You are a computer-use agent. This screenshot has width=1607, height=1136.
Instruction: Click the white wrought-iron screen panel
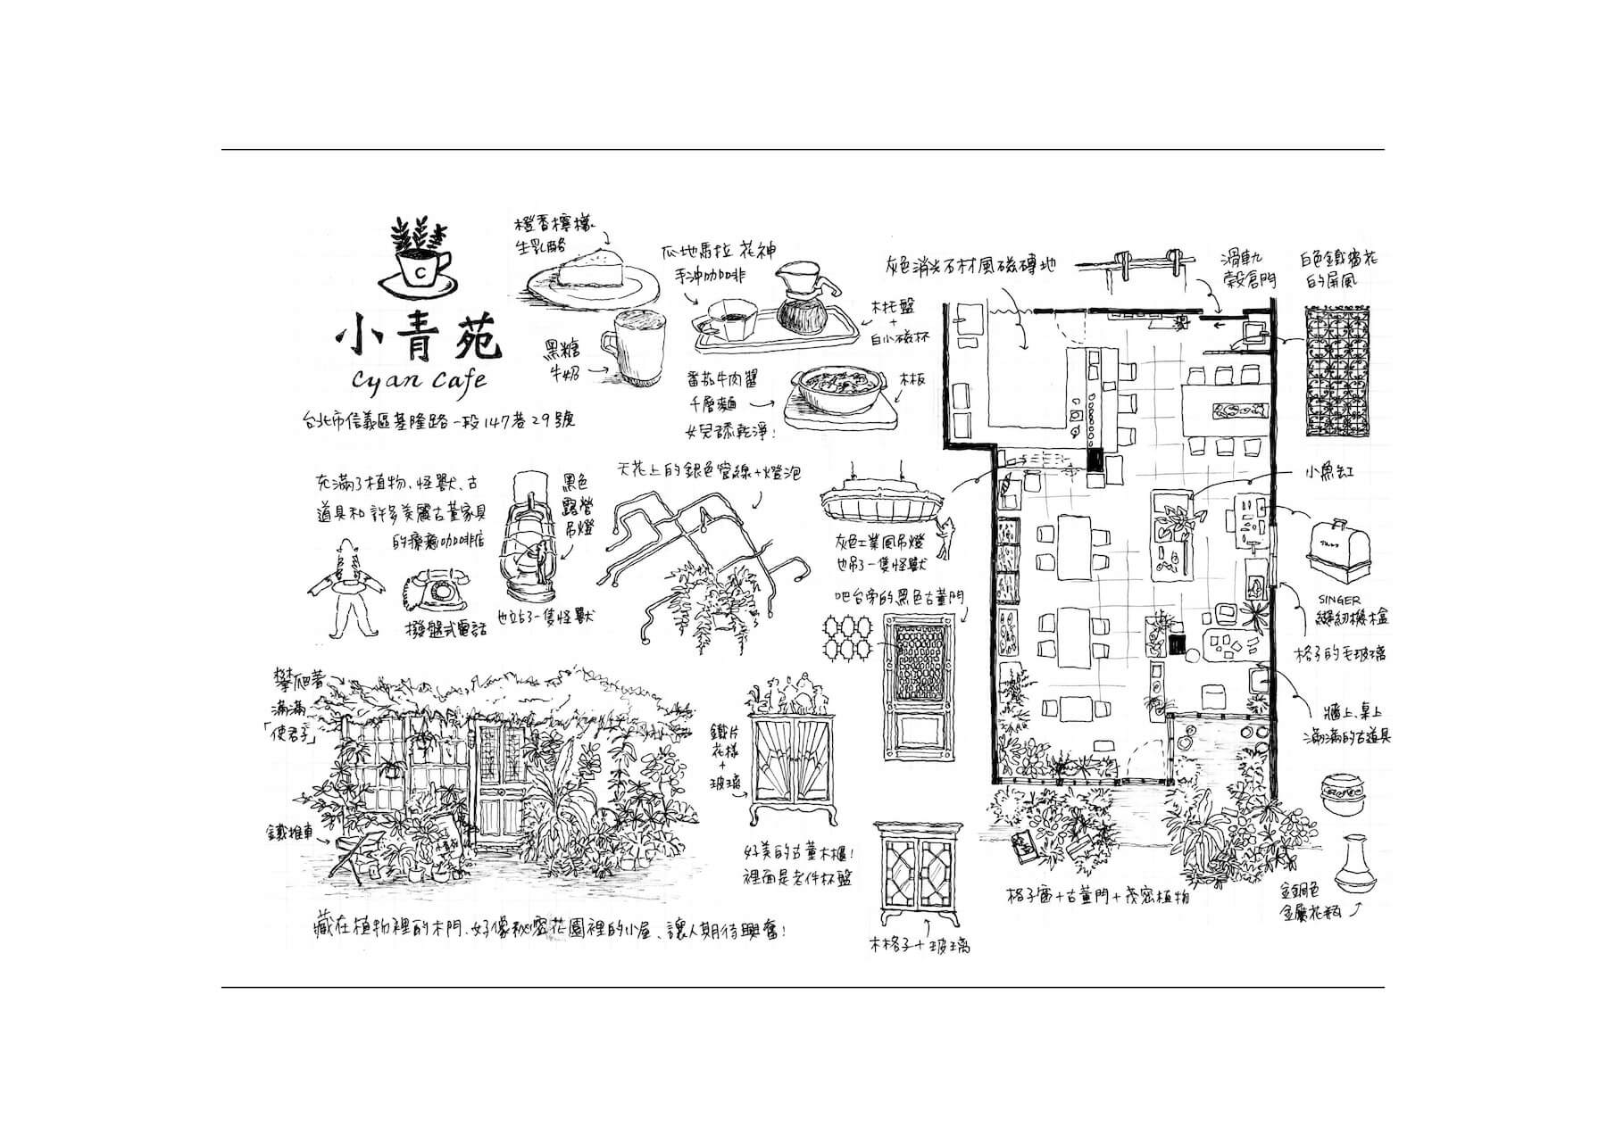tap(1337, 370)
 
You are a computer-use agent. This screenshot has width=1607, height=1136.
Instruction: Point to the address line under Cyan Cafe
tap(437, 419)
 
